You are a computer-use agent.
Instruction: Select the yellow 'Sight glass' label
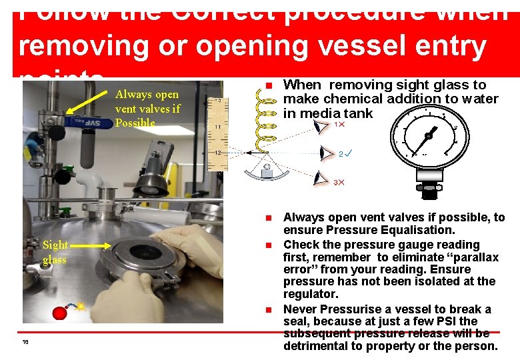pyautogui.click(x=55, y=253)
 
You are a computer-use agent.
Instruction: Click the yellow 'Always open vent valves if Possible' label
pyautogui.click(x=147, y=109)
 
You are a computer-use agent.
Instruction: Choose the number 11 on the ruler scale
pyautogui.click(x=218, y=126)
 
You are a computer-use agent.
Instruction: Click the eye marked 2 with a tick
pyautogui.click(x=325, y=153)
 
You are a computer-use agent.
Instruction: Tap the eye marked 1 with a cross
pyautogui.click(x=321, y=126)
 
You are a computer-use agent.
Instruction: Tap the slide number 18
pyautogui.click(x=25, y=342)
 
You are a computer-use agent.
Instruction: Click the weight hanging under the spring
pyautogui.click(x=267, y=172)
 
